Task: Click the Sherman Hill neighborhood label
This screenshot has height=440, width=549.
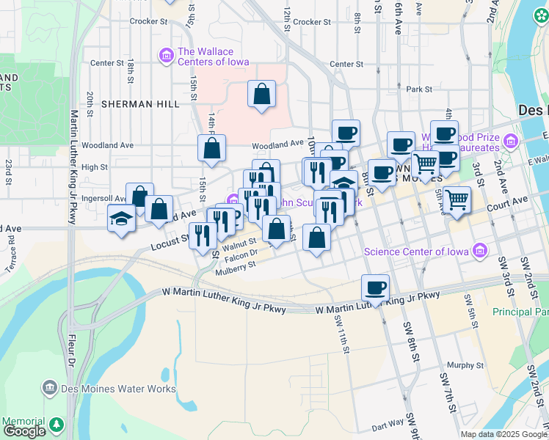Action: point(140,104)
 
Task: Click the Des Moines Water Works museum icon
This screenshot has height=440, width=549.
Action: point(50,386)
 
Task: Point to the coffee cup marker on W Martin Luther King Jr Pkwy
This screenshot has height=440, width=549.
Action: point(375,287)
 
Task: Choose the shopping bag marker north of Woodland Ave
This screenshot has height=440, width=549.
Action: point(261,94)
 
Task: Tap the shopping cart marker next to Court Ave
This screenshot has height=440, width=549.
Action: point(457,199)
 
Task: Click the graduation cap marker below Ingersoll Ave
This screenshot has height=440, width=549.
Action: point(121,219)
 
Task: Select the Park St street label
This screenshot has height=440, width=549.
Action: point(419,89)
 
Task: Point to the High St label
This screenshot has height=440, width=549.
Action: point(95,167)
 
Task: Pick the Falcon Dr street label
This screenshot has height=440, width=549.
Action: point(241,254)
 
